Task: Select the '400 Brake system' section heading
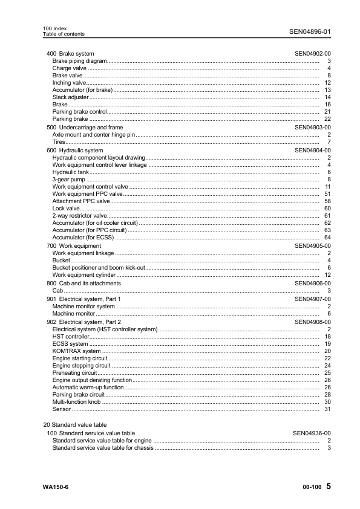coord(70,54)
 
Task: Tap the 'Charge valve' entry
coord(70,68)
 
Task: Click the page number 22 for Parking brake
coord(327,119)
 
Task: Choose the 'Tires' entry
coord(59,142)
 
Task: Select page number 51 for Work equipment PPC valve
coord(327,194)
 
